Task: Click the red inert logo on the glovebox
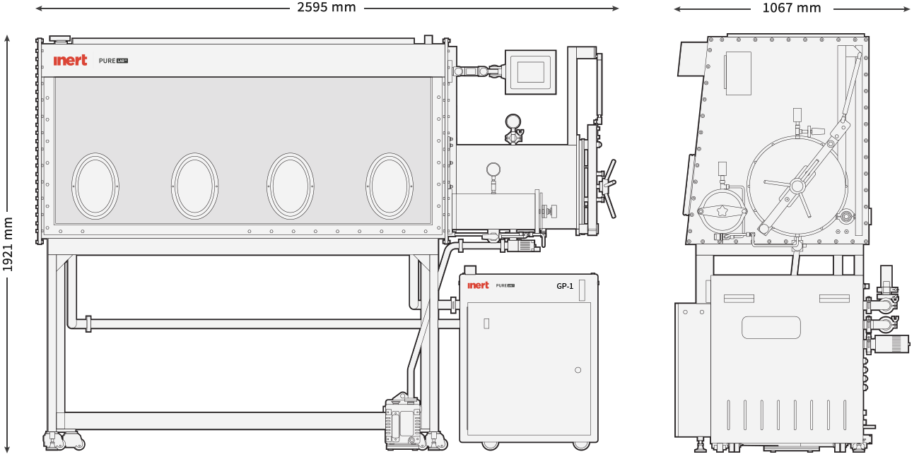coord(70,61)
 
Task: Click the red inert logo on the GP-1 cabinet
coord(478,285)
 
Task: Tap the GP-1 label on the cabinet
coord(564,286)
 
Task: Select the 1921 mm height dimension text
coord(8,244)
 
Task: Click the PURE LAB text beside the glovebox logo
coord(113,61)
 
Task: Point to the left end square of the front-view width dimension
coord(39,8)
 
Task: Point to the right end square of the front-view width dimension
coord(616,8)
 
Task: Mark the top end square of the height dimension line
coord(7,38)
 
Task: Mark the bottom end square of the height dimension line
coord(7,450)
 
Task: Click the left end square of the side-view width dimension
coord(677,9)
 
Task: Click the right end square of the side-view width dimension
coord(907,9)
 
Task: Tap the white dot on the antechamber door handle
coord(614,182)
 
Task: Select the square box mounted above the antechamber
coord(530,72)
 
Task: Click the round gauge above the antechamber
coord(513,122)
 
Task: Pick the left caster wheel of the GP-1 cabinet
coord(489,445)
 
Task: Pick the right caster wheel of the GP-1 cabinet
coord(581,445)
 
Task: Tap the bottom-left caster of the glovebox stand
coord(53,441)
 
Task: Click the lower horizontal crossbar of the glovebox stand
coord(226,421)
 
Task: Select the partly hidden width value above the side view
coord(792,8)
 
